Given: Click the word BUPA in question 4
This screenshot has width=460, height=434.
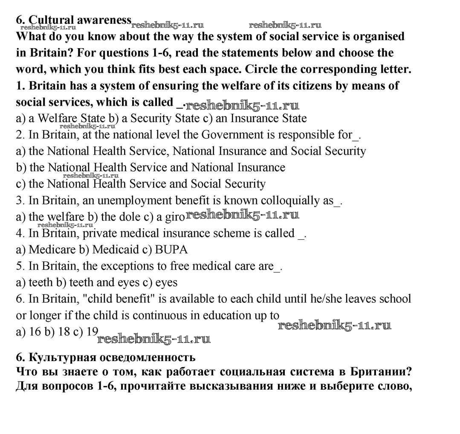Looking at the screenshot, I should (x=171, y=250).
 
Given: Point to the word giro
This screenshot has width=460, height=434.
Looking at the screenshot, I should (x=175, y=217).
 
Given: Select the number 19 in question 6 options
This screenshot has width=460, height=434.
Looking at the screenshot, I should (x=92, y=331).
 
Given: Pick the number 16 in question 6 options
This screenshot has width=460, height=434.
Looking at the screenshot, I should (x=34, y=332).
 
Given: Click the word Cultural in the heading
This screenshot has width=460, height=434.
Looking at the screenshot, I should (x=51, y=20).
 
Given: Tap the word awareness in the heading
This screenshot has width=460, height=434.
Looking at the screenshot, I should (x=104, y=20).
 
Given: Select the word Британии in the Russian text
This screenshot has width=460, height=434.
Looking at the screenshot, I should (x=381, y=371).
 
